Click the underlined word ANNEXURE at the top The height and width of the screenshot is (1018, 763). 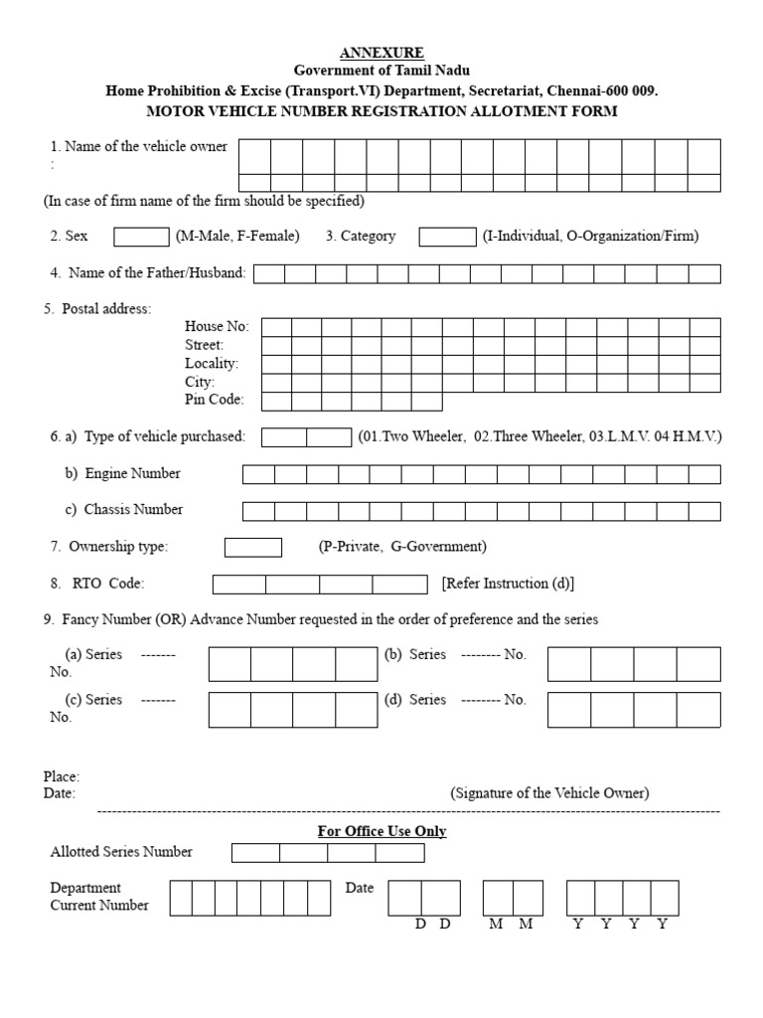(382, 53)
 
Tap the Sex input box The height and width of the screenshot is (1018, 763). (141, 237)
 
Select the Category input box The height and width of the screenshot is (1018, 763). (447, 237)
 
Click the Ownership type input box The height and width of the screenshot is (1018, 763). (253, 547)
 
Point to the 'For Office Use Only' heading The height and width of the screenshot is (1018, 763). (381, 831)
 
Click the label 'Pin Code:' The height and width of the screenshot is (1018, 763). (215, 400)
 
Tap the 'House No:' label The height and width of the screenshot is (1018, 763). (217, 326)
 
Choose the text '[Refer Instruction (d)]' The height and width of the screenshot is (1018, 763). (509, 584)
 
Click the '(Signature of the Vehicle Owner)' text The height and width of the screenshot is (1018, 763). (549, 793)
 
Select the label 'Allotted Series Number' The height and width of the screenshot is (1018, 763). (121, 852)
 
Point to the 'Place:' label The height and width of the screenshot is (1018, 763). (62, 776)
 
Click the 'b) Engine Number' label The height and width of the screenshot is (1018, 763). (123, 474)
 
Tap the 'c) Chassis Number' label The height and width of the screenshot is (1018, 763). (124, 510)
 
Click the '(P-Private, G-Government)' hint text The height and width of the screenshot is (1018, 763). (402, 547)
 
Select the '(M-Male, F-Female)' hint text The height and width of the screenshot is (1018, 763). (237, 237)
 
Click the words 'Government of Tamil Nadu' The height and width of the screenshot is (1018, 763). (382, 71)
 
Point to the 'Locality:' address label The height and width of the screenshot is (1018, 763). (212, 364)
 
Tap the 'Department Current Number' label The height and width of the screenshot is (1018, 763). (99, 897)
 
